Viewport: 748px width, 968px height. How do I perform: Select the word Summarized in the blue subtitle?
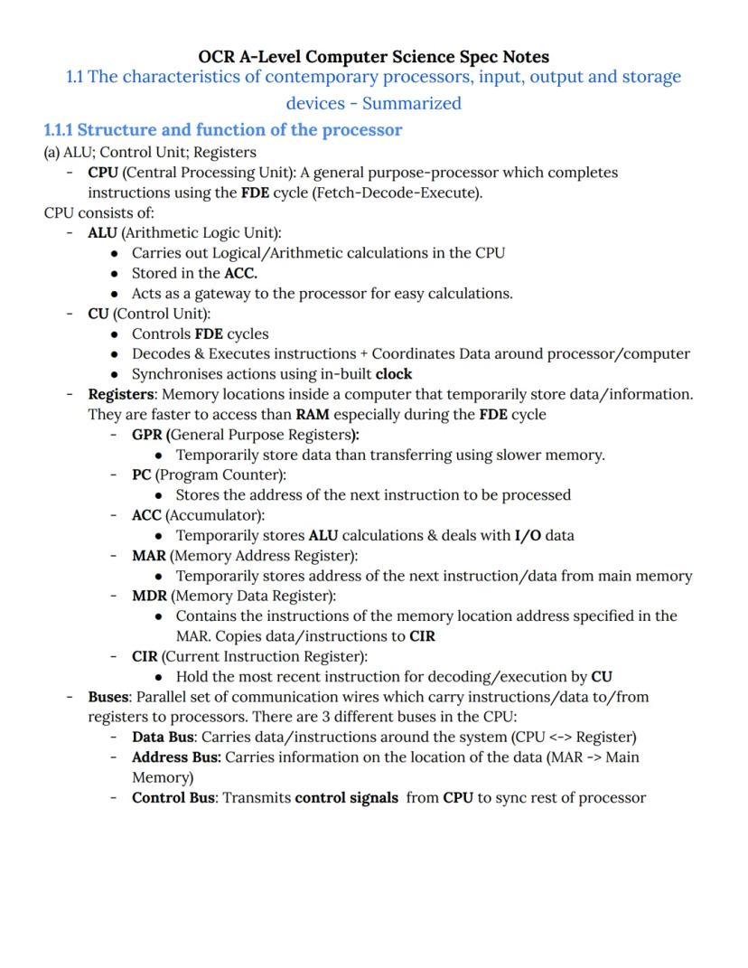[412, 103]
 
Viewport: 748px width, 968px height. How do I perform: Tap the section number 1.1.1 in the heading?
[59, 130]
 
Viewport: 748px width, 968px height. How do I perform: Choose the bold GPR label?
[148, 435]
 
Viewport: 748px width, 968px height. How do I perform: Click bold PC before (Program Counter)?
[141, 475]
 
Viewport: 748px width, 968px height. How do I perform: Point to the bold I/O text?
[528, 535]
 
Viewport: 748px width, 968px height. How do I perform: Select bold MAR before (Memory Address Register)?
[148, 556]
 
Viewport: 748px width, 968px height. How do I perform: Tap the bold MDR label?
[149, 596]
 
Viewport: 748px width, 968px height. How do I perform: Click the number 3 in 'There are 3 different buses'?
[326, 717]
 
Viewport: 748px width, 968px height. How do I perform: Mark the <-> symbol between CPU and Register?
[560, 737]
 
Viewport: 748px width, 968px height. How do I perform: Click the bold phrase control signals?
[347, 797]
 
